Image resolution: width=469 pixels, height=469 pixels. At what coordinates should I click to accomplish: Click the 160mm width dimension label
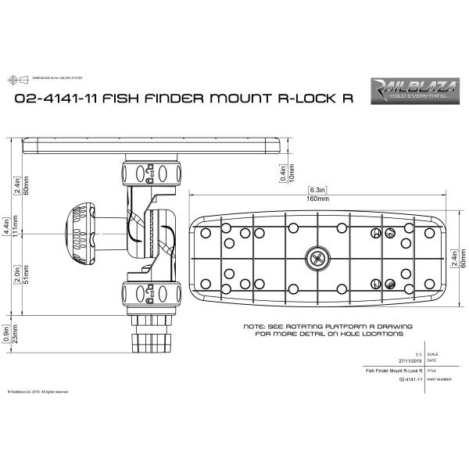(x=317, y=199)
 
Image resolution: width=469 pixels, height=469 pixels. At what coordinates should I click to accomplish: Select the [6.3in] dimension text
(x=317, y=190)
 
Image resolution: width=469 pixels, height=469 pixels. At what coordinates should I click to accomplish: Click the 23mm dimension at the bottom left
(x=16, y=335)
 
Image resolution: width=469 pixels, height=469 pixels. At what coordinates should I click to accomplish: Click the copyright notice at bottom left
(x=38, y=392)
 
